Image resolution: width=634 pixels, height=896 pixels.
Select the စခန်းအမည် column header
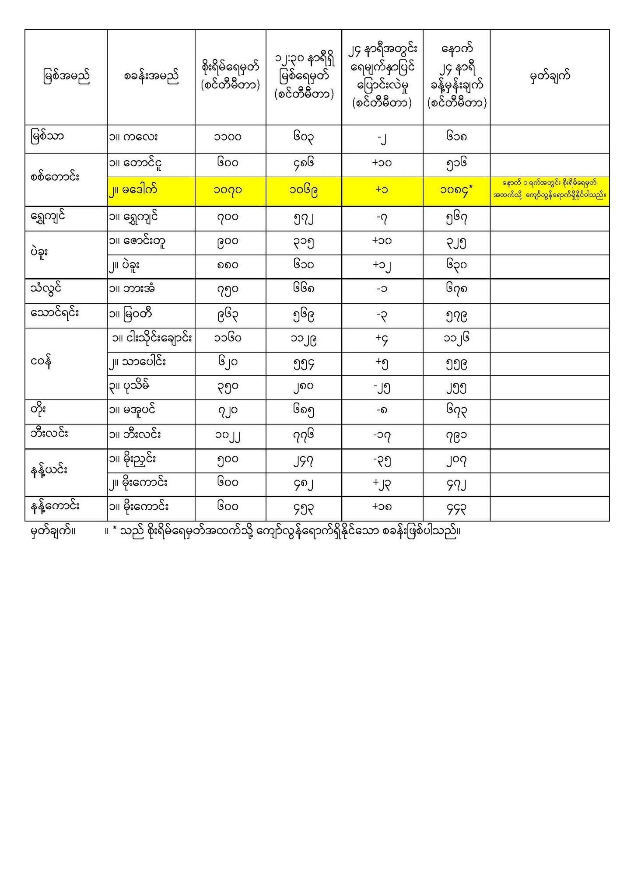(151, 77)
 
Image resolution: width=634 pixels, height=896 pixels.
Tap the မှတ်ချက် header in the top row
(550, 77)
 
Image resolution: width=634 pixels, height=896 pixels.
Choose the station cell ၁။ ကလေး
(133, 137)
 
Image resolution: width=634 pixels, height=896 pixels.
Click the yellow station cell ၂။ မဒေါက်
(133, 190)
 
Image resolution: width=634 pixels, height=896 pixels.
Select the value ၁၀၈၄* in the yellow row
(457, 191)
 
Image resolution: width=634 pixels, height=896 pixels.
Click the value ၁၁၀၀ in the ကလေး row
(228, 138)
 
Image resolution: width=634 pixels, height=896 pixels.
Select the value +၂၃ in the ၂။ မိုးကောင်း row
(382, 483)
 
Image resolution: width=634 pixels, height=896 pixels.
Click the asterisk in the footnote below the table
(115, 532)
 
